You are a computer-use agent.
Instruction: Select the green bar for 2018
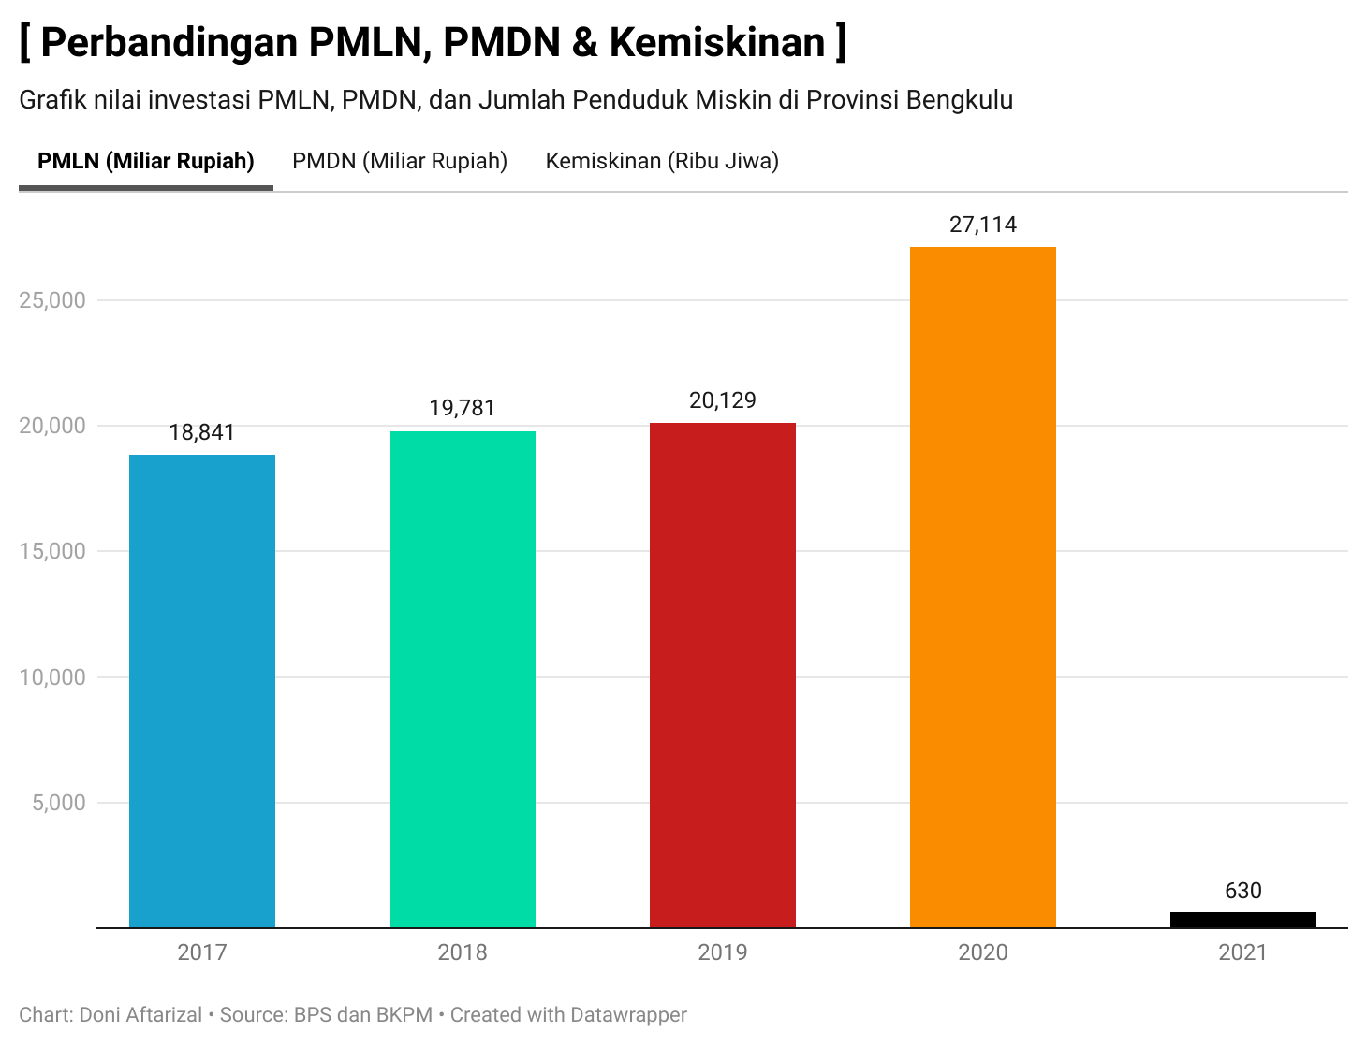tap(463, 679)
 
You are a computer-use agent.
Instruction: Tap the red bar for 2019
tap(723, 675)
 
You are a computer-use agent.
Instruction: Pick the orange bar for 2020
tap(983, 587)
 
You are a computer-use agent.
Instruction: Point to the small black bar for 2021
tap(1242, 920)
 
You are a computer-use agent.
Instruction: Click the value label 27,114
tap(983, 225)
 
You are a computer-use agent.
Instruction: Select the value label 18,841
tap(202, 432)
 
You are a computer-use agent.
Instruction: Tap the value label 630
tap(1242, 891)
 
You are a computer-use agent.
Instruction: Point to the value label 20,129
tap(723, 400)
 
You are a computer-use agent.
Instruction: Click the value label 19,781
tap(463, 409)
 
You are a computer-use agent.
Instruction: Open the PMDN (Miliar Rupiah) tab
tap(400, 161)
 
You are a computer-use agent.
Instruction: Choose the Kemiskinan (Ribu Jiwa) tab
tap(662, 161)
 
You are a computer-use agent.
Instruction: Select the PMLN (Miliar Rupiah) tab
tap(146, 161)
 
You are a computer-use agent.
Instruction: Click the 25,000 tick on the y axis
tap(52, 300)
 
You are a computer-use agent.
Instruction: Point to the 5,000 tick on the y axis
tap(58, 803)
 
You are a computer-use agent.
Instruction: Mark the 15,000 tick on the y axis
tap(52, 551)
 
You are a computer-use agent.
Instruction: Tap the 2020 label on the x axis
tap(983, 952)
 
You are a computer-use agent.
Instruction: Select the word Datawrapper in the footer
tap(628, 1015)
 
